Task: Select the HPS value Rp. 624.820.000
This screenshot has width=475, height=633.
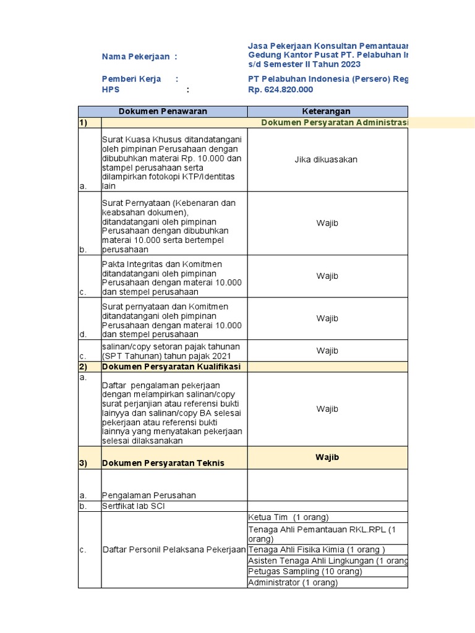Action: coord(280,90)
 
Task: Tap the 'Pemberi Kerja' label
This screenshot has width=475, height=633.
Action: coord(132,79)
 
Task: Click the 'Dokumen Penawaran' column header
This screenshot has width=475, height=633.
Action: coord(163,111)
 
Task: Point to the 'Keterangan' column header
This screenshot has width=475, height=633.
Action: coord(326,111)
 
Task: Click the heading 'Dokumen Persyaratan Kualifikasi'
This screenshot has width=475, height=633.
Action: coord(171,367)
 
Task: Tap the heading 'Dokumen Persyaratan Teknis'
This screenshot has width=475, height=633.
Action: coord(163,463)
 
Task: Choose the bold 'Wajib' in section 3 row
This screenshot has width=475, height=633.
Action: coord(327,457)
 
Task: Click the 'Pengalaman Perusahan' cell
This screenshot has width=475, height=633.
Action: coord(148,495)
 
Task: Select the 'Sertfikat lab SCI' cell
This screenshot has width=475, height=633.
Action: coord(133,506)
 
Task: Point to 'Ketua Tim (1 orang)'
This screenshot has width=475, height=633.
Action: coord(288,517)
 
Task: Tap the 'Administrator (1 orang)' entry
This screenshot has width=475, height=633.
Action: coord(293,582)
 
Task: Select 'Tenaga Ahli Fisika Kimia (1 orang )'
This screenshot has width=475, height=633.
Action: coord(316,550)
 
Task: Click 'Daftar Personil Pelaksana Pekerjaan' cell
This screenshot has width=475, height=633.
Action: coord(174,550)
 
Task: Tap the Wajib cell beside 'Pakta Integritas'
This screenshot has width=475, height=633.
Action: coord(327,276)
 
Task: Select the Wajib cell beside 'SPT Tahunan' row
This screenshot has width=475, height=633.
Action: coord(327,350)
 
